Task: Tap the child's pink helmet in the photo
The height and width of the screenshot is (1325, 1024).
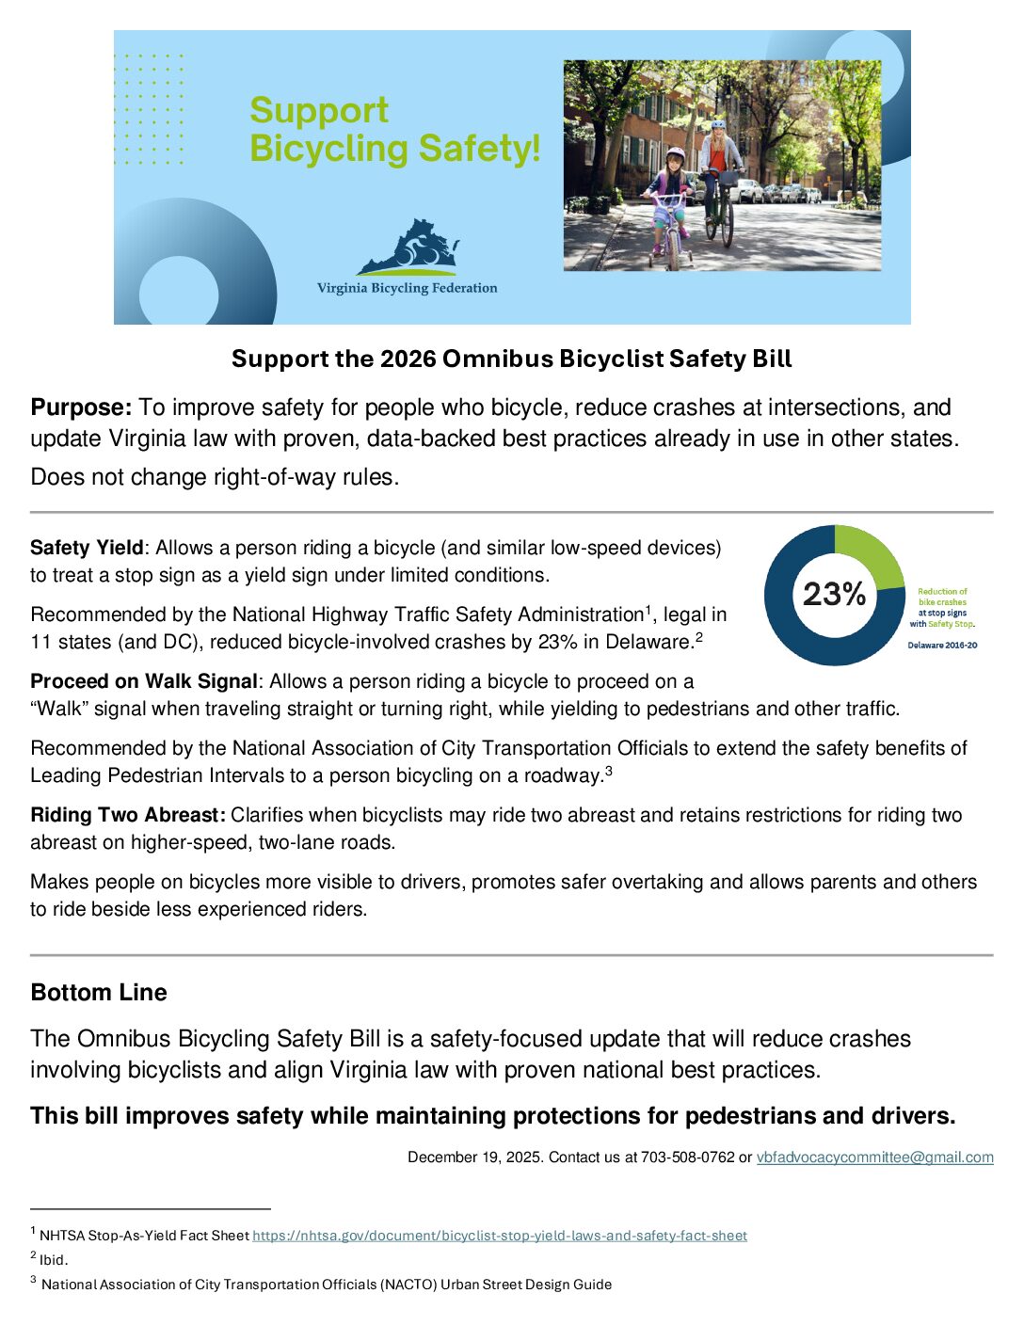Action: click(x=675, y=153)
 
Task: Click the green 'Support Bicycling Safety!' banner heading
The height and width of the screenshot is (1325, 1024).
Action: click(x=394, y=130)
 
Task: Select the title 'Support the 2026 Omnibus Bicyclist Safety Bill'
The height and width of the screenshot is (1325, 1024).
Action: click(x=512, y=359)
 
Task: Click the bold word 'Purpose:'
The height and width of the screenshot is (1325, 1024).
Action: click(x=81, y=407)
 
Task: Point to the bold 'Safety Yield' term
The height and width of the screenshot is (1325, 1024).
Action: click(x=87, y=548)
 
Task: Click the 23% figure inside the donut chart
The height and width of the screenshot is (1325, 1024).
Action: click(x=834, y=594)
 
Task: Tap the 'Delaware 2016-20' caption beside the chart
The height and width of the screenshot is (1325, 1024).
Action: click(x=942, y=646)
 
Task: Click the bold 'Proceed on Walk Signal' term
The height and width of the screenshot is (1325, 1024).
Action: click(x=143, y=681)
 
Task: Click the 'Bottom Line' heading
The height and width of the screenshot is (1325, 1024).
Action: click(x=99, y=993)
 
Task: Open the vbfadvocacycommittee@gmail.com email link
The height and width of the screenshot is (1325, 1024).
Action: click(x=874, y=1157)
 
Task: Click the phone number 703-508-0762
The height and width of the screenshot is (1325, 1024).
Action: click(x=687, y=1157)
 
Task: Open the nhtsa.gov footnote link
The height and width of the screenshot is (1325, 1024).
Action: click(x=499, y=1236)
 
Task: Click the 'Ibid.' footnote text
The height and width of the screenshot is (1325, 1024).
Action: click(x=54, y=1260)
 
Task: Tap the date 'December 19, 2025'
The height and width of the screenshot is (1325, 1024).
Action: click(x=474, y=1157)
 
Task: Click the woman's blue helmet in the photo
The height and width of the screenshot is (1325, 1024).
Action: click(x=718, y=124)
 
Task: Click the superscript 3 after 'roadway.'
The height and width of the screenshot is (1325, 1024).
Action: click(x=609, y=771)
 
